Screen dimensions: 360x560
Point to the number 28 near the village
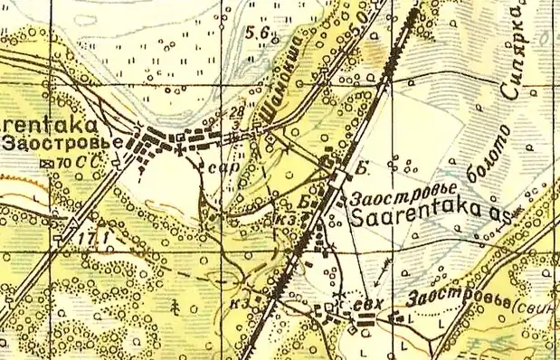pyautogui.click(x=238, y=110)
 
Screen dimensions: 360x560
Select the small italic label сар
pyautogui.click(x=216, y=167)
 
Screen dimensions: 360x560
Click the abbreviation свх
pyautogui.click(x=365, y=305)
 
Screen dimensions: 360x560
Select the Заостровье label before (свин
pyautogui.click(x=454, y=298)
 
